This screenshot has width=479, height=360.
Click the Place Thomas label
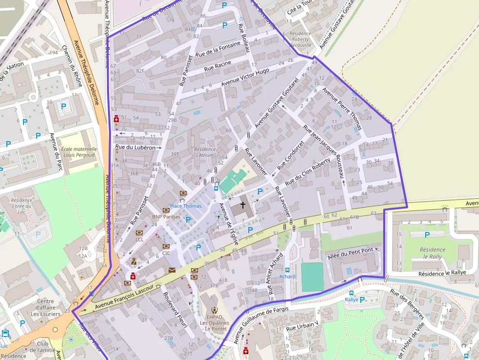point(185,206)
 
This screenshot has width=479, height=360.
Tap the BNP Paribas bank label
point(166,216)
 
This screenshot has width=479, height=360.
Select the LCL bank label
point(140,239)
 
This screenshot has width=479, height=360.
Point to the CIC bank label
point(166,253)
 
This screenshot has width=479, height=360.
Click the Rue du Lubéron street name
point(135,147)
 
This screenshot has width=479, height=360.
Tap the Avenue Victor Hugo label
point(245,77)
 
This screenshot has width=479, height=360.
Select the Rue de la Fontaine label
point(218,49)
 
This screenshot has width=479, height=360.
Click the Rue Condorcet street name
point(291,156)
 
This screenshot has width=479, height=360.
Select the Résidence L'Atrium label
point(204,152)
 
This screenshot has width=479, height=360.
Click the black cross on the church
point(242,205)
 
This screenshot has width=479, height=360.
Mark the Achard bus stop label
point(287,276)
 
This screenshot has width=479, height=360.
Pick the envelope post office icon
point(172,270)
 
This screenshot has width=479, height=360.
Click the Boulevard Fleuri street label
point(174,313)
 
